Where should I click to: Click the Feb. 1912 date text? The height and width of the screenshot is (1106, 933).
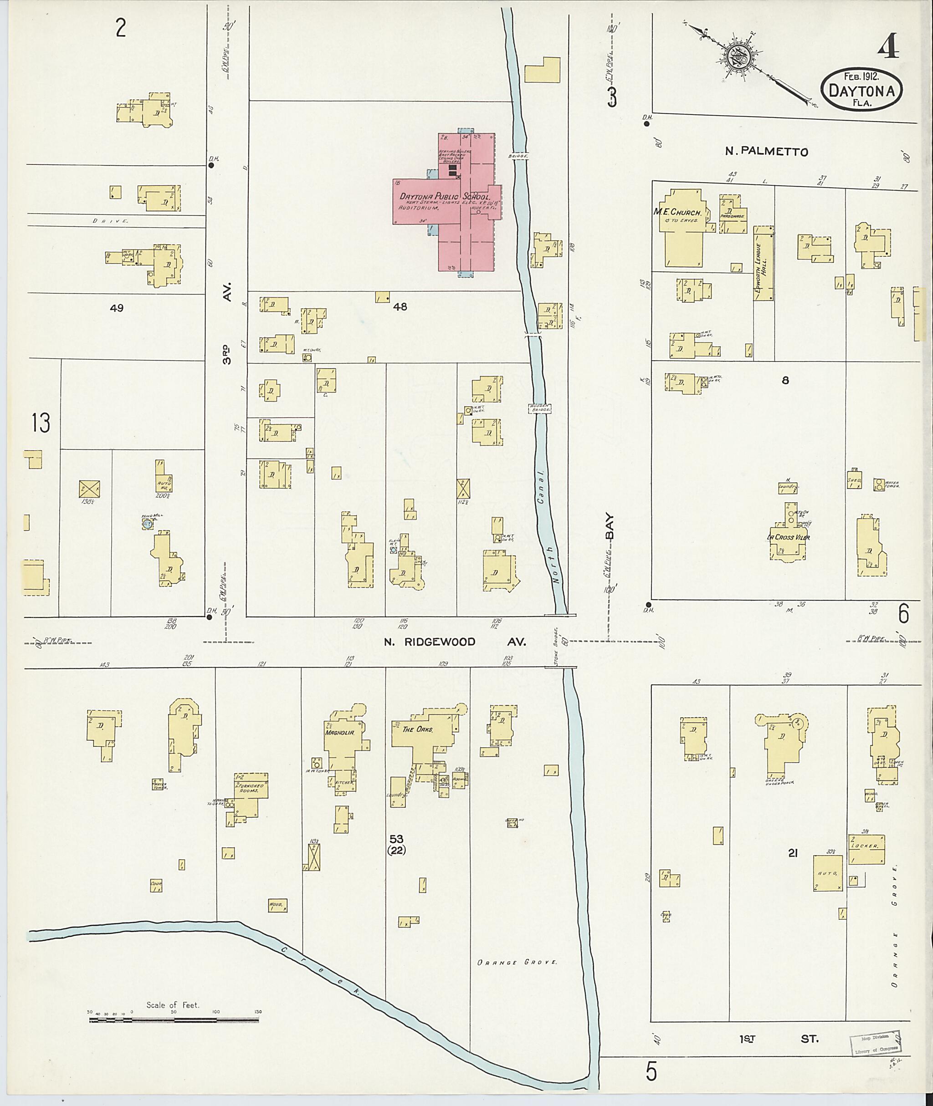pos(861,77)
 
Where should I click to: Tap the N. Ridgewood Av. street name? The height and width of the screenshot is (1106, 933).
pos(455,642)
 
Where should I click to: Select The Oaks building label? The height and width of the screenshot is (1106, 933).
pos(417,729)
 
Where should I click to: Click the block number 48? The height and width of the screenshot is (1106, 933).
pos(400,306)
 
